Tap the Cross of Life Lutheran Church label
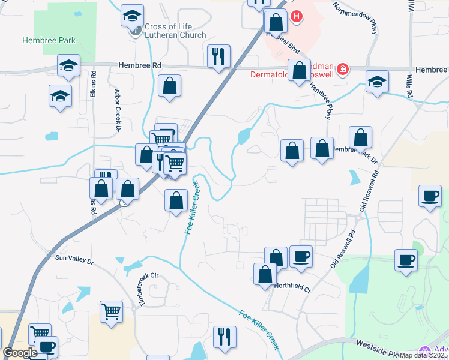click(x=175, y=31)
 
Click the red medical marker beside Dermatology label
click(x=342, y=70)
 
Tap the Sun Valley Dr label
click(x=75, y=260)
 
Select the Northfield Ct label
click(x=292, y=287)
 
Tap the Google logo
click(x=20, y=353)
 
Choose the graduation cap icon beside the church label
click(x=133, y=16)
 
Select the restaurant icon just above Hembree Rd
click(x=218, y=56)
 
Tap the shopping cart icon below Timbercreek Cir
click(x=112, y=311)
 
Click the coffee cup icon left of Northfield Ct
click(x=301, y=256)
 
